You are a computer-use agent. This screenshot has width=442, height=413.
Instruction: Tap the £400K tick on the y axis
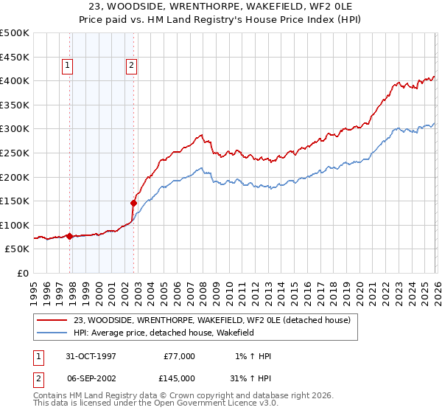click(x=15, y=80)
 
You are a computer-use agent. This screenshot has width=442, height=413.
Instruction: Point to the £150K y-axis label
click(x=15, y=201)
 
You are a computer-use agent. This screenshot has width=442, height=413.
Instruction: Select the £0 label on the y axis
click(x=24, y=273)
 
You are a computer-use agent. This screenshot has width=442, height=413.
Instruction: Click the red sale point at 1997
click(x=70, y=236)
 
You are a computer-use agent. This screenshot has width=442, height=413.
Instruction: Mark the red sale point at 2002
click(x=133, y=203)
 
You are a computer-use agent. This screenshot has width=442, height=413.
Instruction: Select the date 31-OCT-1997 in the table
click(x=85, y=356)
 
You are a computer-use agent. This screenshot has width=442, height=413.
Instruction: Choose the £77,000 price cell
click(x=178, y=356)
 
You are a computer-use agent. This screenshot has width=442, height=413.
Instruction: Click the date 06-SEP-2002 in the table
click(x=85, y=378)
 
